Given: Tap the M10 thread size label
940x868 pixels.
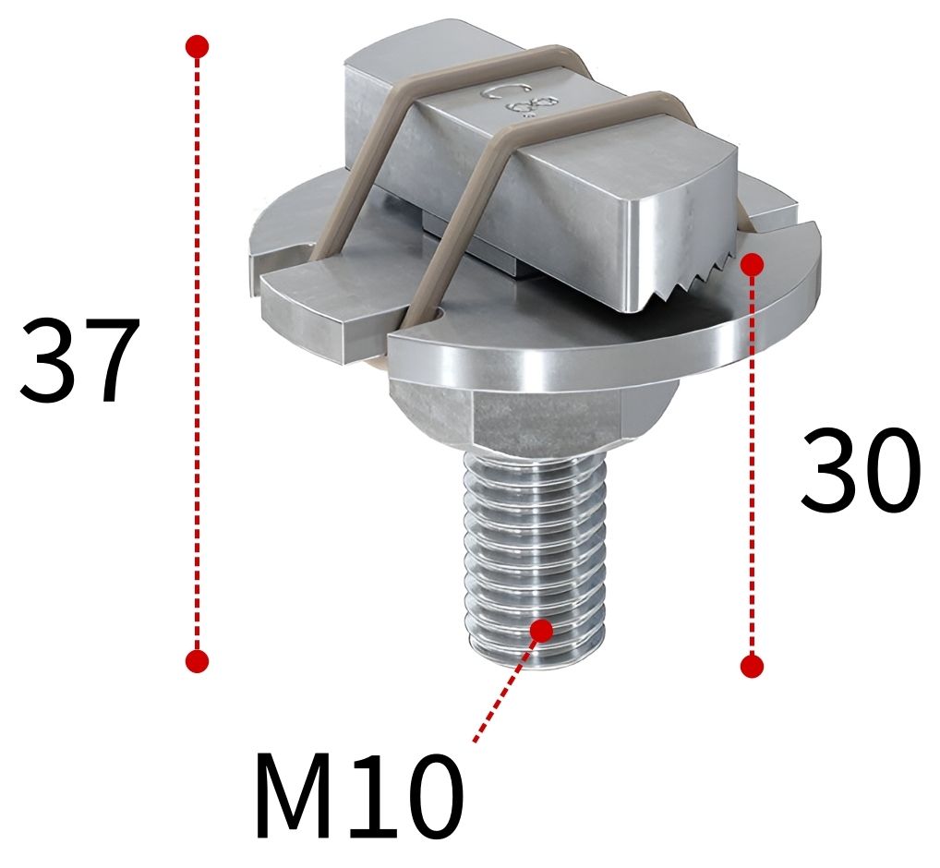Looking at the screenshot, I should (x=358, y=796).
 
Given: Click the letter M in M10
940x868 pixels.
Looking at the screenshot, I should (x=295, y=796).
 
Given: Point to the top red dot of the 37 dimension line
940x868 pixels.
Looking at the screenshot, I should (x=197, y=46).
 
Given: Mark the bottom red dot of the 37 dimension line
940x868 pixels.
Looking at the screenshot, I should (x=197, y=660).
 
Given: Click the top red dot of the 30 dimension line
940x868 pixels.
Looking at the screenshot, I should (x=753, y=264).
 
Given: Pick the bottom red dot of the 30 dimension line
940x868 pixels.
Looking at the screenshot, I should (x=753, y=665).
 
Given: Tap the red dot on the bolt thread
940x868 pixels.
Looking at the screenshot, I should (x=541, y=630).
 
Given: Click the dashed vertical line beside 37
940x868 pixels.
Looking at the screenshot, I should (x=197, y=351).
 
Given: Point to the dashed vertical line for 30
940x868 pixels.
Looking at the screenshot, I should (x=753, y=462).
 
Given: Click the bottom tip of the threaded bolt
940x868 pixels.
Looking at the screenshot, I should (x=538, y=660).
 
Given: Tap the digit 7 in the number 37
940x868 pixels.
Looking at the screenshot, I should (x=109, y=360).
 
